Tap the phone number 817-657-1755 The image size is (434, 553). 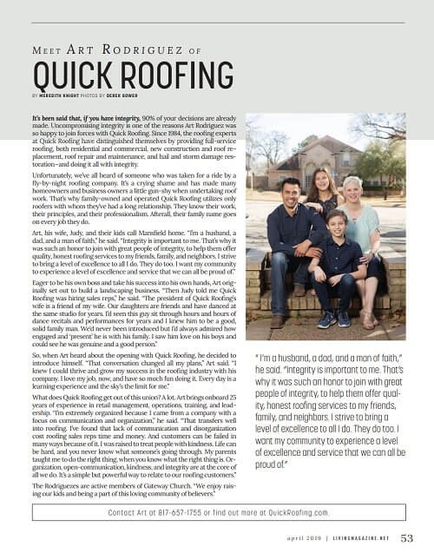(184, 514)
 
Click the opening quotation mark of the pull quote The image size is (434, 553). (258, 357)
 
